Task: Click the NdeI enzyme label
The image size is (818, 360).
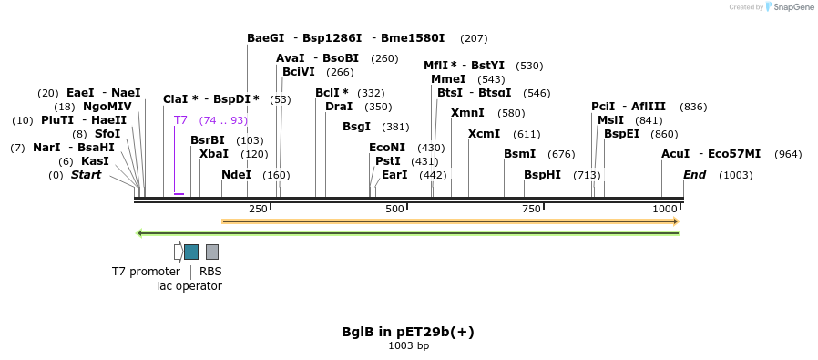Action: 236,175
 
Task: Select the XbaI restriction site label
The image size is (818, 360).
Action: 214,154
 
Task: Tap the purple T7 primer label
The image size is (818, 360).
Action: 180,120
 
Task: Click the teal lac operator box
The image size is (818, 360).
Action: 191,252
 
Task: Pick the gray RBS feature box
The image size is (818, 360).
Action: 211,252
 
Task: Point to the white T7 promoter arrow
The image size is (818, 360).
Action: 178,252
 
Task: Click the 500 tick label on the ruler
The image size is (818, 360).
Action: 394,210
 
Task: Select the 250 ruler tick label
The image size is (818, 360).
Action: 258,210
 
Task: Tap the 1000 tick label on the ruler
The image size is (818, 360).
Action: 665,210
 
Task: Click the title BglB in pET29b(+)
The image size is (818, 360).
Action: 407,332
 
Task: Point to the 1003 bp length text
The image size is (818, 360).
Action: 408,346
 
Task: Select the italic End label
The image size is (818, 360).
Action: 694,175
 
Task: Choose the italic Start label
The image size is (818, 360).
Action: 86,175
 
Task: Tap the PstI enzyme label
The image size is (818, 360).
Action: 387,161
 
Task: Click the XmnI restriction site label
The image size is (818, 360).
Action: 467,113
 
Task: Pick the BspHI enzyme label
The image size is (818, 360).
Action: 542,175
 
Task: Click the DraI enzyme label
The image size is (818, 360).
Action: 338,107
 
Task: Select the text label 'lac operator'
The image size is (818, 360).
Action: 189,286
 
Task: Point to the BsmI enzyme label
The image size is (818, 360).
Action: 519,154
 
